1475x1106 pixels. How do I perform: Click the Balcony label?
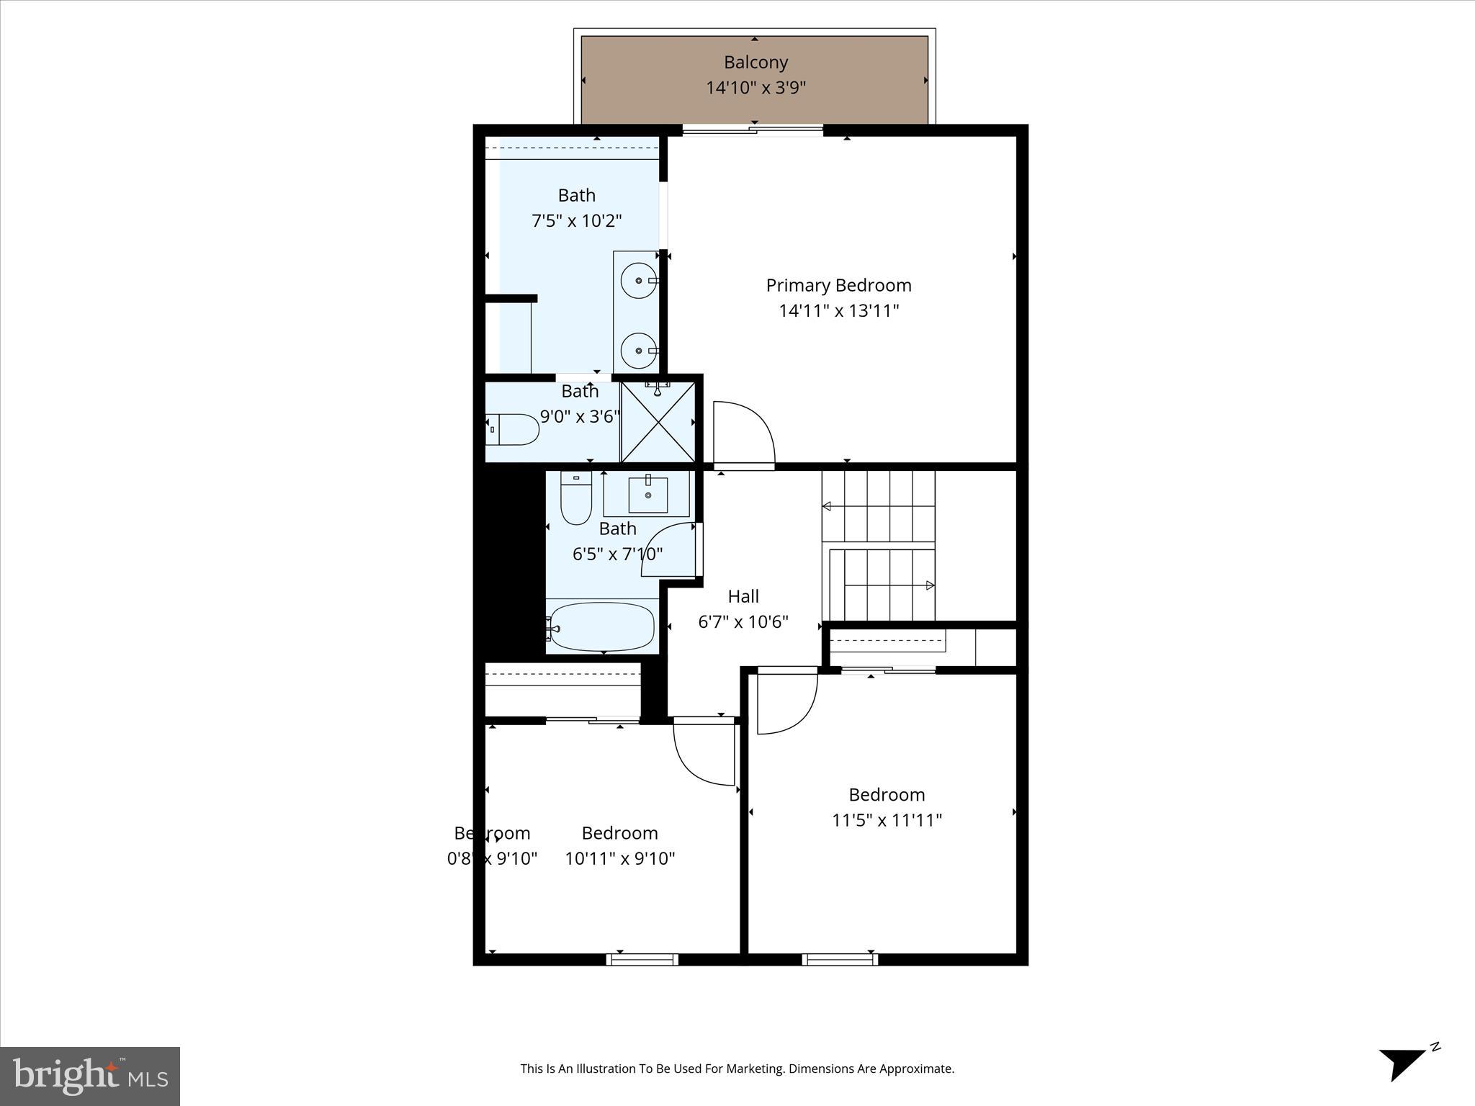pyautogui.click(x=756, y=63)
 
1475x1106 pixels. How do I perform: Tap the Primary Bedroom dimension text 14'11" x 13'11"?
pyautogui.click(x=838, y=311)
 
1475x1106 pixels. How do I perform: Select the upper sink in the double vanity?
pyautogui.click(x=637, y=280)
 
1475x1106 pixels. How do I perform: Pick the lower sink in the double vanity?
pyautogui.click(x=637, y=351)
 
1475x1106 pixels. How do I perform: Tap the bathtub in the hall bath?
pyautogui.click(x=601, y=626)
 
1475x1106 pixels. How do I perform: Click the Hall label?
pyautogui.click(x=743, y=596)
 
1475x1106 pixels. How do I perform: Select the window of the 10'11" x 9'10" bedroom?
pyautogui.click(x=642, y=959)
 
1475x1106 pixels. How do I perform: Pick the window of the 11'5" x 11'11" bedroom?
pyautogui.click(x=840, y=959)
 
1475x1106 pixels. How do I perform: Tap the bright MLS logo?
pyautogui.click(x=90, y=1076)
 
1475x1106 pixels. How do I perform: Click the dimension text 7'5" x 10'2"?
pyautogui.click(x=576, y=221)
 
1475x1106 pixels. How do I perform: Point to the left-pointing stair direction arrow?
pyautogui.click(x=827, y=506)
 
